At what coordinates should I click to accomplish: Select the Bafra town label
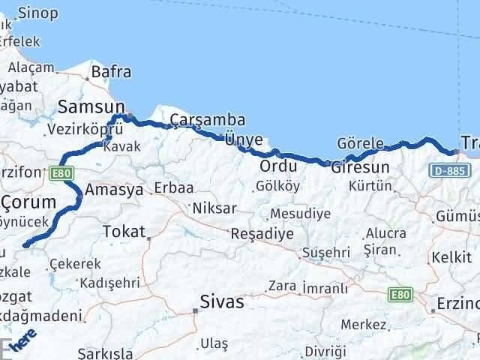pos(111,73)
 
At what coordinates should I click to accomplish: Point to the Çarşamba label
pos(196,120)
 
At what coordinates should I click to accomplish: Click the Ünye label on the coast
pos(244,139)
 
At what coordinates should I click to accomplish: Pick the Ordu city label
pos(278,166)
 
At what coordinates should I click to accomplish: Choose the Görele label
pos(361,143)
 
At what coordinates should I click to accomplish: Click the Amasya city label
pos(114,190)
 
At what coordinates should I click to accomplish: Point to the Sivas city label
pos(222,302)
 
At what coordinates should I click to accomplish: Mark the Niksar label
pos(214,208)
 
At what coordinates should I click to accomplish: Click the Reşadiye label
pos(262,233)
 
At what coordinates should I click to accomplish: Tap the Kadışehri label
pos(110,283)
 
